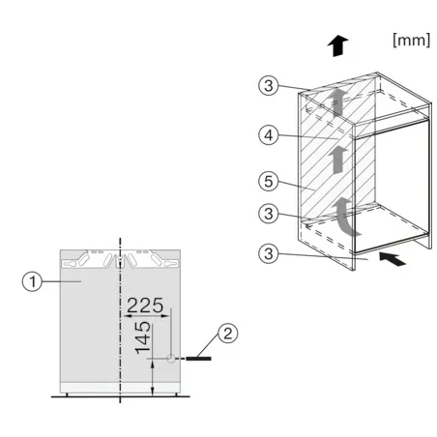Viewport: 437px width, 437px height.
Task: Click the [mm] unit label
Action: point(412,41)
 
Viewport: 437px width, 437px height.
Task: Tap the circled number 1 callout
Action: point(32,281)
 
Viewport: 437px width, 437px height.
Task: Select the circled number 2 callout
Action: point(228,334)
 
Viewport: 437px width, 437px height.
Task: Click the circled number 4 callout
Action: point(269,135)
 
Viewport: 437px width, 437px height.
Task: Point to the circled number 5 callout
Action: point(269,181)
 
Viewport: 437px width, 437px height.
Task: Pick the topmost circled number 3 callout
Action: point(269,85)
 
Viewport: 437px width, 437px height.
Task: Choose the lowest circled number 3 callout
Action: point(269,253)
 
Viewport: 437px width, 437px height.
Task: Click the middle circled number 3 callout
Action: point(269,214)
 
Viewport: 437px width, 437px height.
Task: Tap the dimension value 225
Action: point(145,306)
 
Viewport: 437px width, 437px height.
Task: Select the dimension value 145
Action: point(143,337)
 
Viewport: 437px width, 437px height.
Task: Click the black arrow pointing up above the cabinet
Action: point(337,45)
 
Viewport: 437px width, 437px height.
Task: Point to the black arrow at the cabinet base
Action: point(393,259)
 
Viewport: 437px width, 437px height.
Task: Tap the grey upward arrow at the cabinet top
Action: point(337,102)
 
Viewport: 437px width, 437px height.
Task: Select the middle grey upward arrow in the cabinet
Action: point(337,160)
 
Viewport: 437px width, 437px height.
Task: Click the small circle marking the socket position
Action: point(171,358)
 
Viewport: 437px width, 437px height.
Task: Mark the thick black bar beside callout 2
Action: point(198,359)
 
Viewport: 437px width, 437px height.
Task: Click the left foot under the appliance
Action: point(67,394)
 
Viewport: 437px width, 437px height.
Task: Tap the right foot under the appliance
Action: point(177,394)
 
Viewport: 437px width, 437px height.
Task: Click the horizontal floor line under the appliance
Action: point(120,396)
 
